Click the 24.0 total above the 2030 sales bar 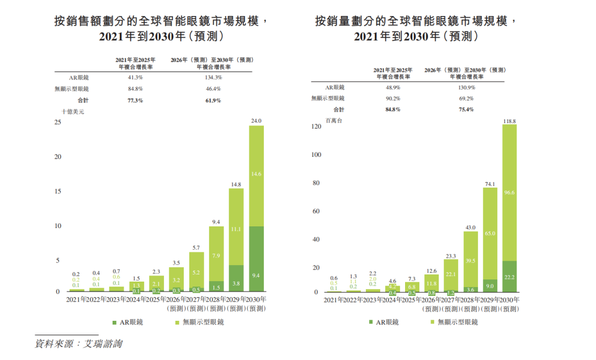tap(256, 120)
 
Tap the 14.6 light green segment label tap(256, 174)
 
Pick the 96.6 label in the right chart tap(509, 193)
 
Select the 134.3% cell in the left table tap(212, 77)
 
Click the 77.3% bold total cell tap(135, 100)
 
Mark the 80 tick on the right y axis tap(317, 183)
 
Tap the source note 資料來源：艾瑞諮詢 tap(78, 343)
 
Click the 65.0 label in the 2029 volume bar tap(490, 234)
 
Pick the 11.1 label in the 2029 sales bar tap(236, 229)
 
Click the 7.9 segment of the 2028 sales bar tap(216, 255)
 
